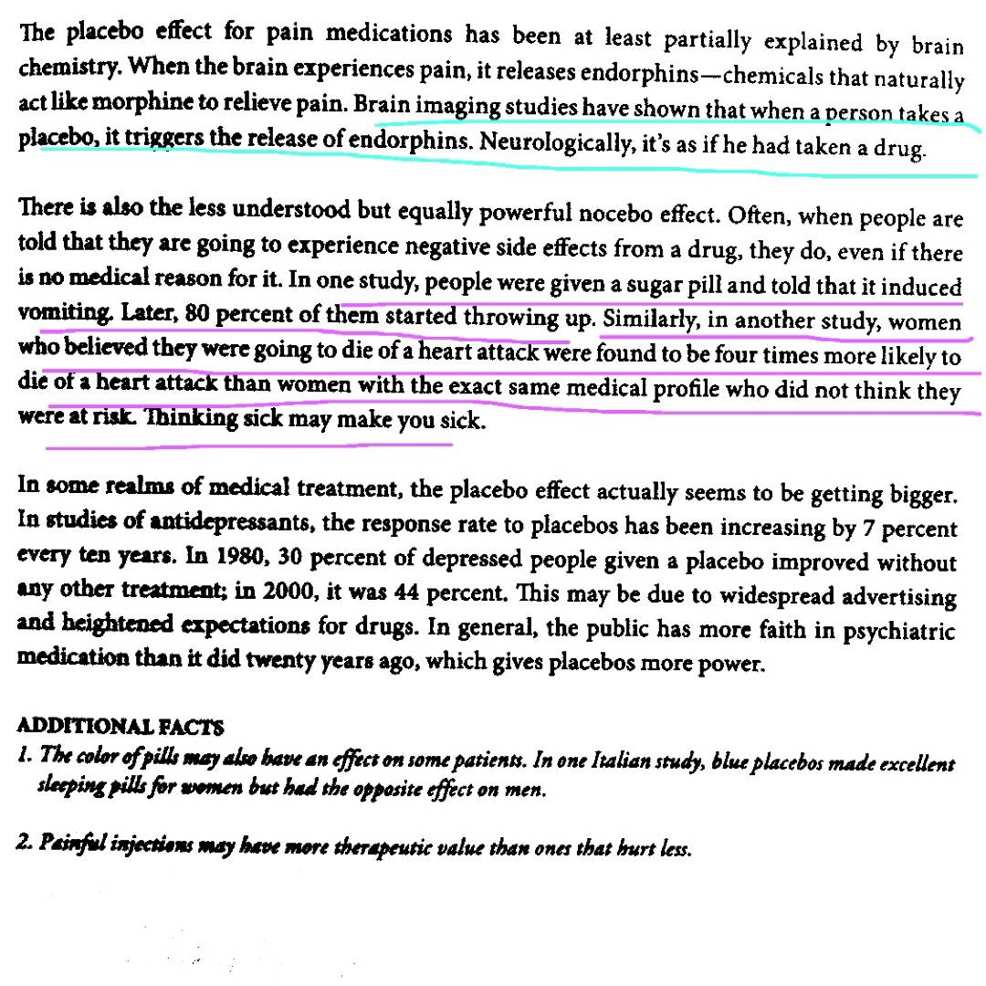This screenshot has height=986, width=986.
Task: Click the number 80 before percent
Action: click(197, 314)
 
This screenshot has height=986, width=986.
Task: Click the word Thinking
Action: click(192, 419)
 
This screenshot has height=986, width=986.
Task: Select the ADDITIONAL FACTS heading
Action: click(120, 727)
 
